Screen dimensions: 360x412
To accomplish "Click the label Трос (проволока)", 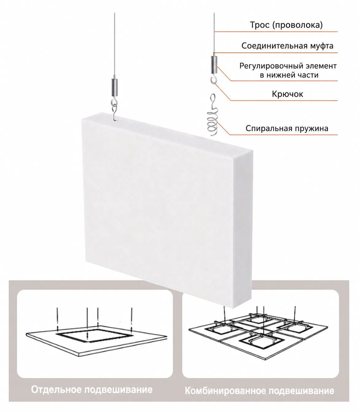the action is [x=286, y=25].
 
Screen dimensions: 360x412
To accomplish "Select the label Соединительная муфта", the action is [x=287, y=46].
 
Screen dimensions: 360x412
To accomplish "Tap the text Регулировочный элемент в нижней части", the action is [x=288, y=70].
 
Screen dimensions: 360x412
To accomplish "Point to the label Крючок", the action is [x=287, y=94].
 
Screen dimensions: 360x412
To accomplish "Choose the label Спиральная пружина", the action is [x=287, y=128].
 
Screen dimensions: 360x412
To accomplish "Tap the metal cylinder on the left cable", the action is [x=114, y=87].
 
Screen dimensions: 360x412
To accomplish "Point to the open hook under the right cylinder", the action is [x=214, y=79].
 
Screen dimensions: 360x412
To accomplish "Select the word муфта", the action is [x=322, y=46].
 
